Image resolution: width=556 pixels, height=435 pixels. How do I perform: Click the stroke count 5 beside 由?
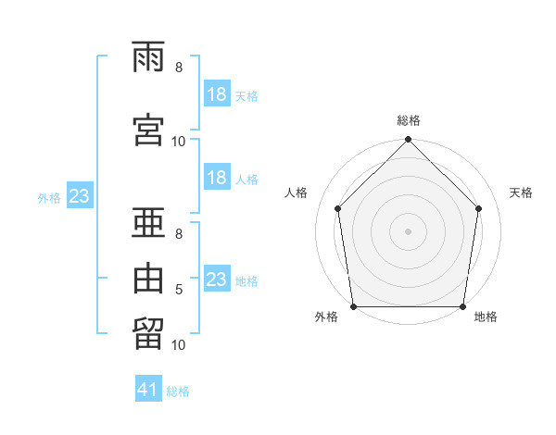point(179,290)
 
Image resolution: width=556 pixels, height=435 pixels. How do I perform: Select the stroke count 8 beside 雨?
point(179,68)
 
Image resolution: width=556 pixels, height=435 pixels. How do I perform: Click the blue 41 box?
point(148,391)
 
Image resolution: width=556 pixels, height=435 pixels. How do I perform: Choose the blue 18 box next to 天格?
point(217,94)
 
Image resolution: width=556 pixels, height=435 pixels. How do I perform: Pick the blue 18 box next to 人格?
point(217,178)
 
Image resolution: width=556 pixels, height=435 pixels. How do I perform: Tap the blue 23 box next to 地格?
point(217,280)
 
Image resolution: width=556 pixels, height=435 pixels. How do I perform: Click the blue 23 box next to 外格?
point(79,196)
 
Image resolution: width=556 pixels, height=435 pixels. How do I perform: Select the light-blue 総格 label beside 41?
point(178,391)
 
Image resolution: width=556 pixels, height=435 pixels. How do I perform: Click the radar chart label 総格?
point(409,120)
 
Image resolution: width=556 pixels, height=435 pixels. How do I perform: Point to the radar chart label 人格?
point(297,193)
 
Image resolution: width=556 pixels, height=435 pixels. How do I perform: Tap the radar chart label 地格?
point(486,317)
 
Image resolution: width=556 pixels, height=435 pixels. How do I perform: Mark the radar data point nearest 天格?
point(479,208)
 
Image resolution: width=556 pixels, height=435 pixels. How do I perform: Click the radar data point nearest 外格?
point(353,306)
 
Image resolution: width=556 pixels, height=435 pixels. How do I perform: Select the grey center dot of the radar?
point(409,230)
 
